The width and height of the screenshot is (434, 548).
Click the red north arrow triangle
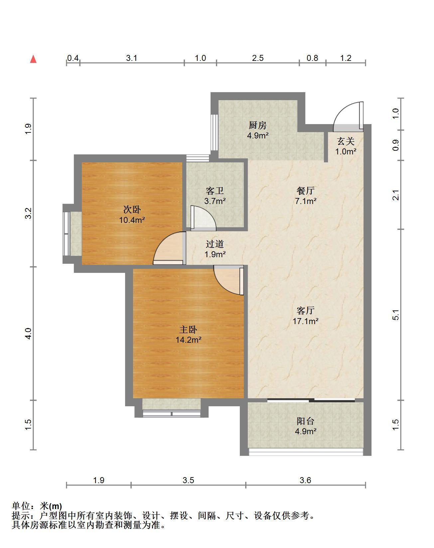tap(33, 59)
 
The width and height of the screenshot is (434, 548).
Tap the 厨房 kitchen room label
tap(258, 125)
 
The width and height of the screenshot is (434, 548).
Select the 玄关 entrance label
tap(346, 141)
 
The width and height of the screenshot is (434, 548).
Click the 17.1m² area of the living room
tap(306, 321)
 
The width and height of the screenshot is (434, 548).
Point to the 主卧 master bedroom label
tap(189, 329)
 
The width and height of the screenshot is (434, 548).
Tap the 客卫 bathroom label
tap(215, 191)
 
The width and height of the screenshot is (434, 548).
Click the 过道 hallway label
tap(215, 244)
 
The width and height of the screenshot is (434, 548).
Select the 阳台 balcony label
tap(306, 421)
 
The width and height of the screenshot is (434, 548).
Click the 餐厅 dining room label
tap(306, 191)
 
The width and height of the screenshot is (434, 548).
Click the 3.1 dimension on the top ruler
tap(132, 58)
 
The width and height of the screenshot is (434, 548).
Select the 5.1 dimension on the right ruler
tap(395, 315)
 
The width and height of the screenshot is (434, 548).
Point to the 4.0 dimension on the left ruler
tap(28, 333)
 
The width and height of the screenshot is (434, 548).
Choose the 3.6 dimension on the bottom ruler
tap(305, 480)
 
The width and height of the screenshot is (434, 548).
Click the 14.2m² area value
tap(189, 340)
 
